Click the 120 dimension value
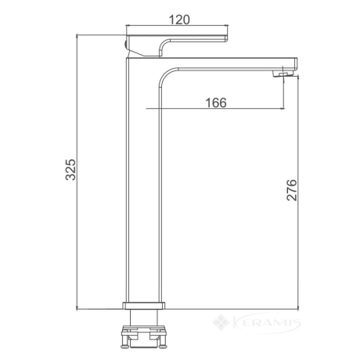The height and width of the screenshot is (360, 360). coord(179,20)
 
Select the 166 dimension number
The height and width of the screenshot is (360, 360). coord(216,103)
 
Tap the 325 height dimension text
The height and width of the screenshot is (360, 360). coord(70,170)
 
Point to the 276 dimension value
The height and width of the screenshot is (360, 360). coord(292,190)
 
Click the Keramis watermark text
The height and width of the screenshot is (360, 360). coord(266,323)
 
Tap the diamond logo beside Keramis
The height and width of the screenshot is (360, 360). coord(221,322)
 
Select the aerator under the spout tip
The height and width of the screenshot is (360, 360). coord(283,74)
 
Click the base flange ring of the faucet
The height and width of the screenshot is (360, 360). coord(143,306)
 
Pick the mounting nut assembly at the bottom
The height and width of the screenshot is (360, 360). coord(143,337)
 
